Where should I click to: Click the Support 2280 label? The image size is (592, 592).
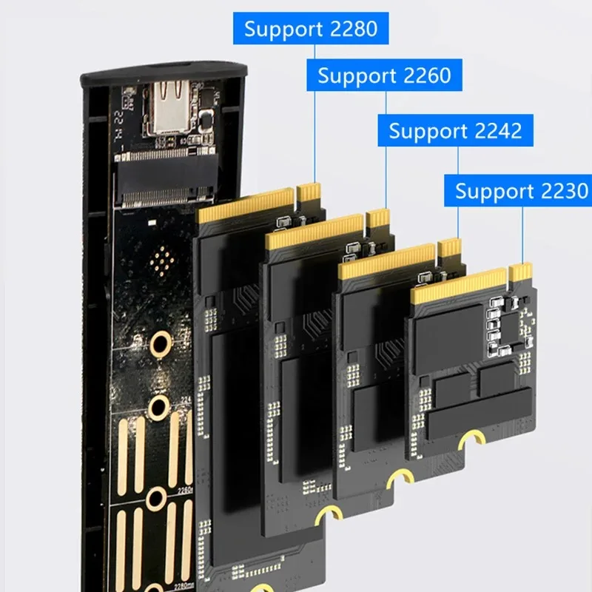coord(311,29)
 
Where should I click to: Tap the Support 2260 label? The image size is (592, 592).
coord(383,75)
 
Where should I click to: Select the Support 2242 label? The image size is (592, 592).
coord(455,131)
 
